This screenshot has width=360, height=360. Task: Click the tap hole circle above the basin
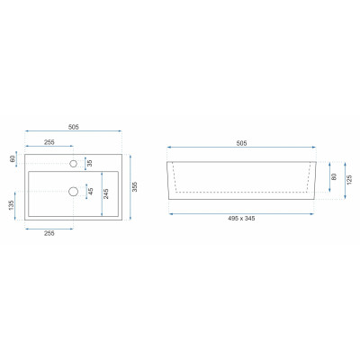pyautogui.click(x=73, y=164)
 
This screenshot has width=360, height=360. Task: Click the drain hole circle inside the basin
pyautogui.click(x=73, y=191)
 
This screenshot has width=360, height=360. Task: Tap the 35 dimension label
pyautogui.click(x=90, y=164)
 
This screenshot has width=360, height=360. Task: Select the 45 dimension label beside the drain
pyautogui.click(x=91, y=191)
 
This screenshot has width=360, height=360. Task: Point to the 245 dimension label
pyautogui.click(x=106, y=193)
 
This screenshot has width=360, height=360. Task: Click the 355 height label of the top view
pyautogui.click(x=135, y=186)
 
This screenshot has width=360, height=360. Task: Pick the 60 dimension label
pyautogui.click(x=13, y=158)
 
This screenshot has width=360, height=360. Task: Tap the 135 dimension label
pyautogui.click(x=12, y=205)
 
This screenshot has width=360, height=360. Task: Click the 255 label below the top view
pyautogui.click(x=49, y=233)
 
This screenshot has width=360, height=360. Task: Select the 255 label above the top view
pyautogui.click(x=49, y=142)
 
